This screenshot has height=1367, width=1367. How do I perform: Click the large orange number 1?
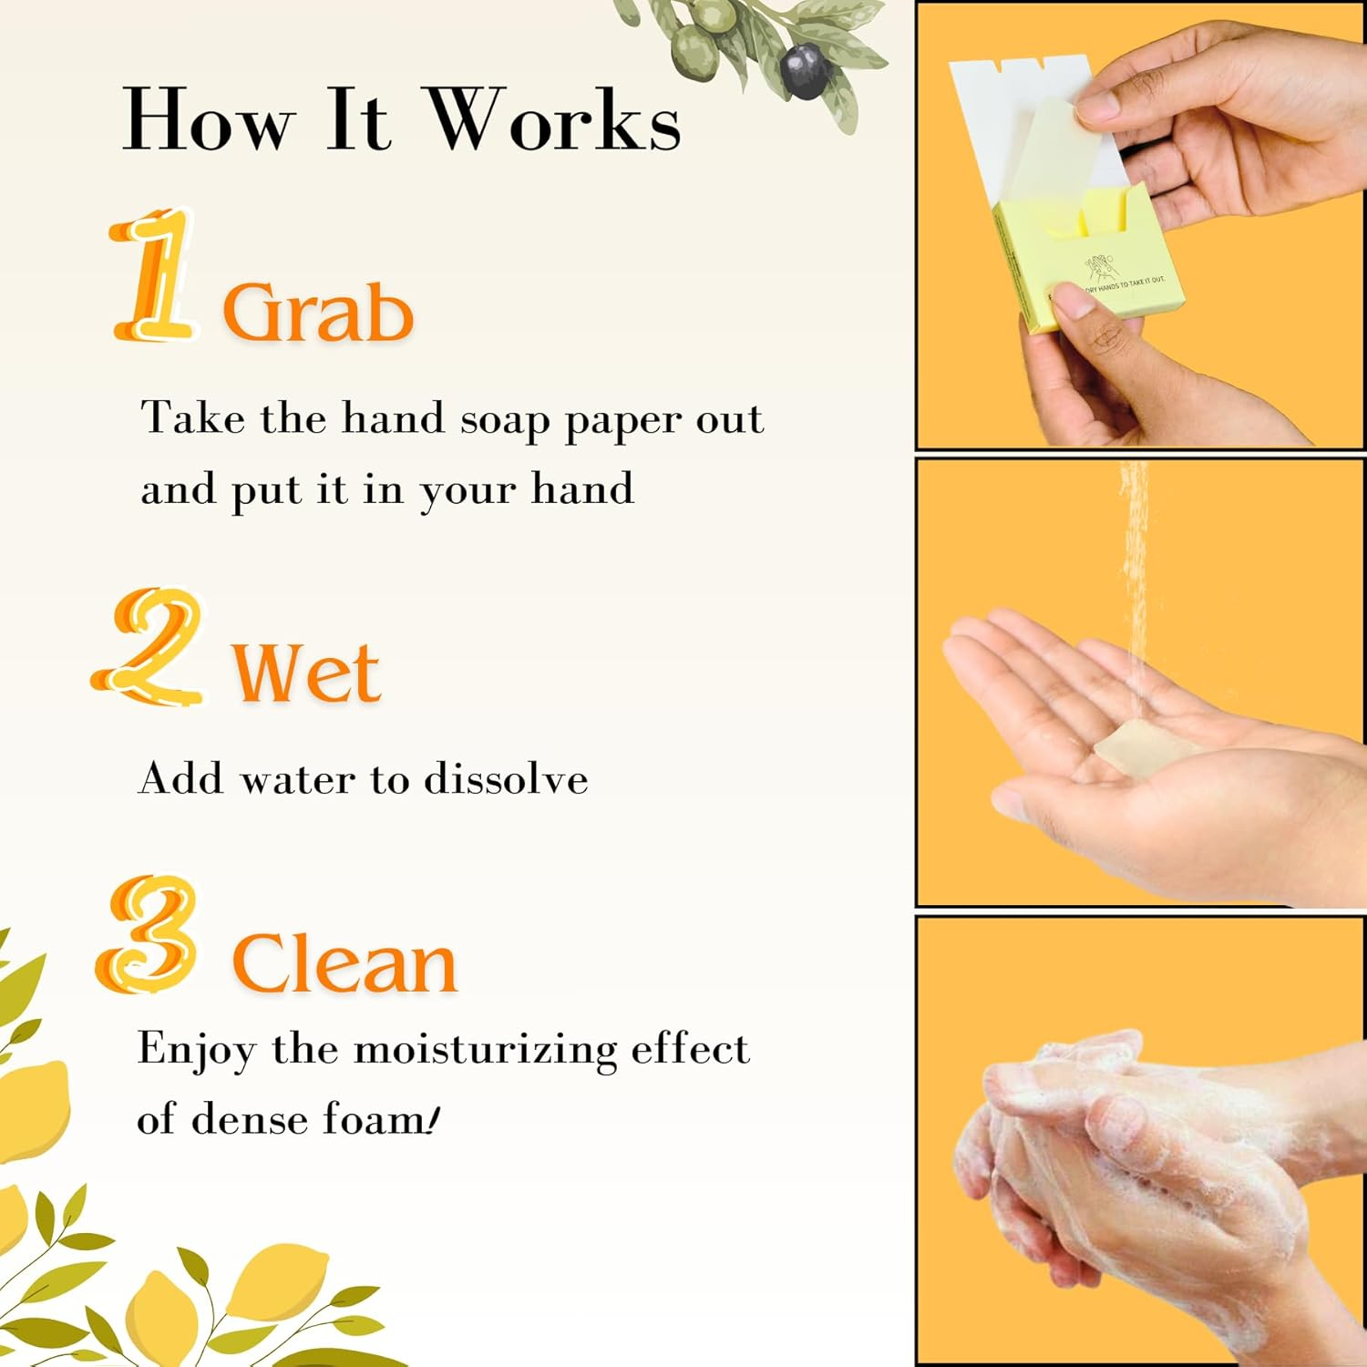point(153,275)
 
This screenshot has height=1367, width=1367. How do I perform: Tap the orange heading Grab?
point(318,313)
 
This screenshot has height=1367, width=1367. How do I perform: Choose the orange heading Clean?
point(344,964)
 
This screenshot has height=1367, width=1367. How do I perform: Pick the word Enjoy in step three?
point(196,1050)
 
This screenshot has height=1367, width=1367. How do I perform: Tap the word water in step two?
point(297,779)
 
